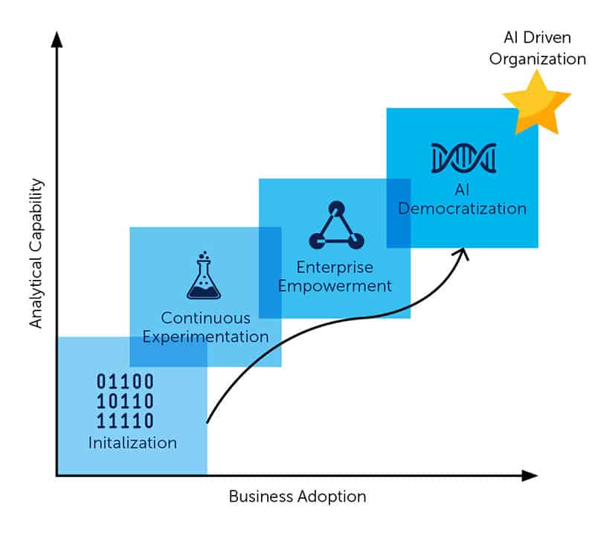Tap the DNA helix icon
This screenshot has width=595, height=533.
pyautogui.click(x=463, y=157)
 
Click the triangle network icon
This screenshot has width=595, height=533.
pyautogui.click(x=336, y=225)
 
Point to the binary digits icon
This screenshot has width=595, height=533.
pyautogui.click(x=125, y=401)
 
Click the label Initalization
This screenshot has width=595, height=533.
pyautogui.click(x=132, y=443)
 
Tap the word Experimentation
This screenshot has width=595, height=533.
pyautogui.click(x=205, y=336)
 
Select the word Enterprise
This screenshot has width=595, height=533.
pyautogui.click(x=335, y=266)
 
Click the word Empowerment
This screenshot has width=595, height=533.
pyautogui.click(x=335, y=285)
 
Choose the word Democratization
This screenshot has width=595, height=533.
pyautogui.click(x=462, y=208)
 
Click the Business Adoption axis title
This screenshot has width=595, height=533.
pyautogui.click(x=297, y=497)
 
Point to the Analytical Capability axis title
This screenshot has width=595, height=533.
pyautogui.click(x=36, y=253)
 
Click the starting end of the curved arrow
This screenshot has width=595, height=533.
pyautogui.click(x=207, y=421)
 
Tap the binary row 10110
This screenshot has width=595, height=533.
pyautogui.click(x=125, y=401)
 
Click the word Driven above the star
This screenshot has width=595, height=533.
pyautogui.click(x=549, y=39)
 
